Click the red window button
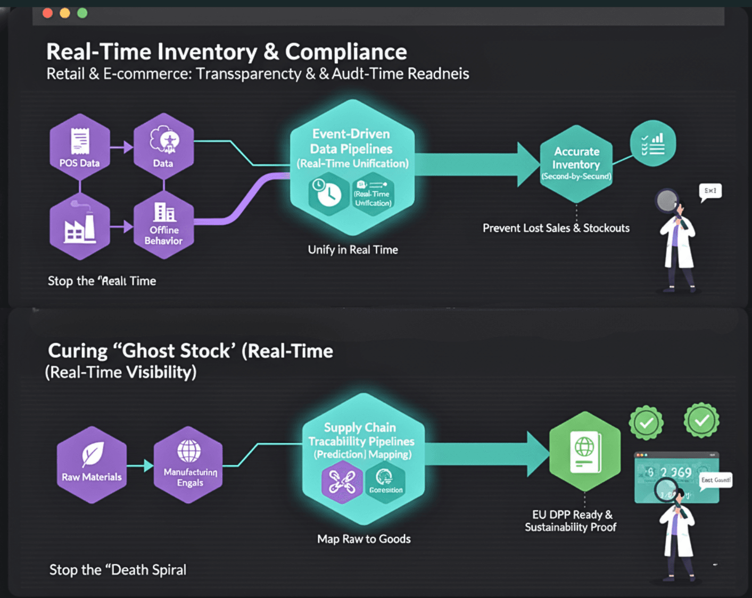pos(47,13)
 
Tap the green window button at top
pos(82,13)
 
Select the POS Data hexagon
pos(80,146)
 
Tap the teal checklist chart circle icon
pos(652,144)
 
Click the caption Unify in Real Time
pos(353,250)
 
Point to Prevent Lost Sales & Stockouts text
pos(556,228)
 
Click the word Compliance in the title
pos(346,52)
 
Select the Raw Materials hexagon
pos(92,465)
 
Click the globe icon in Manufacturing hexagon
pos(189,451)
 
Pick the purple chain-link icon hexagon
pos(342,482)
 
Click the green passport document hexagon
pos(584,451)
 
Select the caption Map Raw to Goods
pos(364,539)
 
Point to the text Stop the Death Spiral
pos(118,570)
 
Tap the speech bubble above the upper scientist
pos(710,191)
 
